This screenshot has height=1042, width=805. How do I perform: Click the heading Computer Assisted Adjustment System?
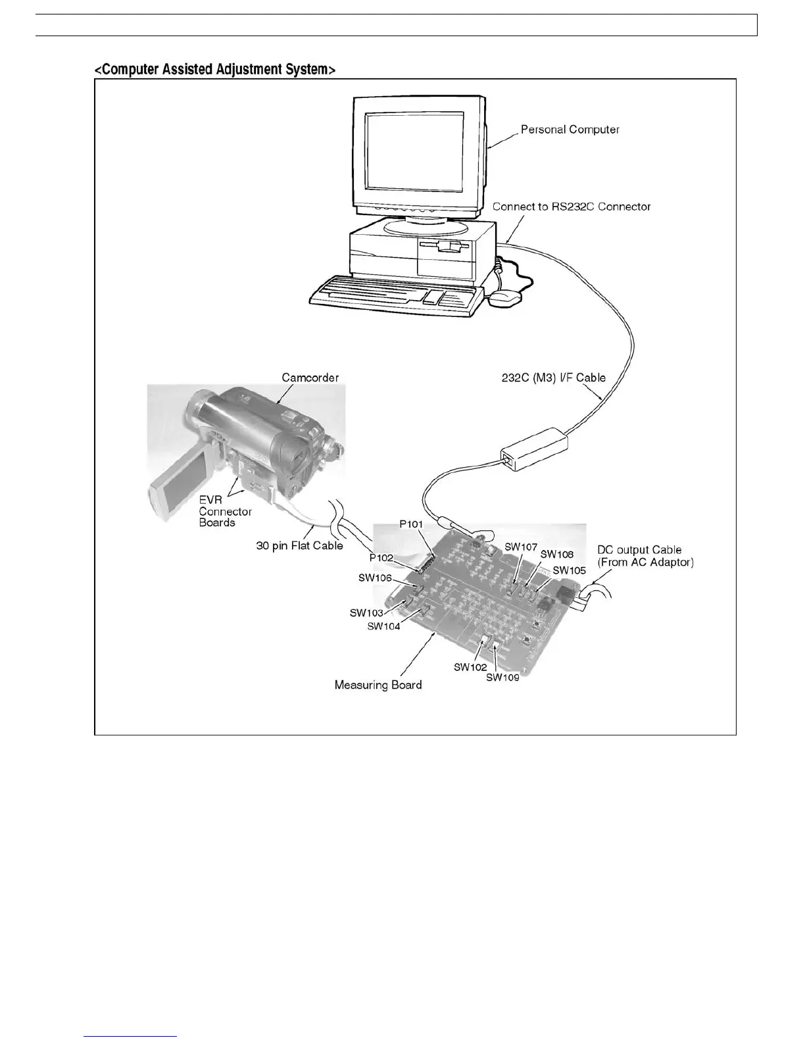tap(215, 69)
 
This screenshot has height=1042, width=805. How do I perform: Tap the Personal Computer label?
tap(570, 130)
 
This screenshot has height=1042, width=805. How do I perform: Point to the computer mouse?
tap(505, 297)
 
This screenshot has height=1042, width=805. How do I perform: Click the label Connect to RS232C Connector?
tap(571, 207)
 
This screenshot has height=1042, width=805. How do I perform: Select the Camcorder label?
tap(310, 378)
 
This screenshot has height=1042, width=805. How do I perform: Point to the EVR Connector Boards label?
tap(225, 511)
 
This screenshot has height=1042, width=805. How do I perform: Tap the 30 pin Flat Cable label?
tap(299, 545)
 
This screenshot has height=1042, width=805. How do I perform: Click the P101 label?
tap(412, 524)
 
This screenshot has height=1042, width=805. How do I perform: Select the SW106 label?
tap(375, 578)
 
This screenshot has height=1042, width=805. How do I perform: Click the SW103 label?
tap(366, 613)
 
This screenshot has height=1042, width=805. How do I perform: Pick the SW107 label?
tap(521, 547)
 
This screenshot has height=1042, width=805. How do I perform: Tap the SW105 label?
tap(569, 570)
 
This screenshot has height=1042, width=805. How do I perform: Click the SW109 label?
tap(502, 678)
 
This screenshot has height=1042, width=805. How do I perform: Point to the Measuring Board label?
tap(378, 685)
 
